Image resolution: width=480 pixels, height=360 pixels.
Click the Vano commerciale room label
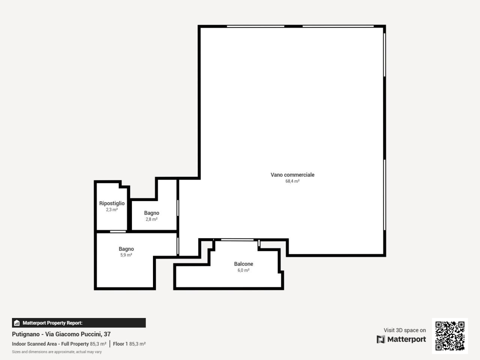tap(292, 175)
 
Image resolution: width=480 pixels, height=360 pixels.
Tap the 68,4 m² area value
tap(292, 181)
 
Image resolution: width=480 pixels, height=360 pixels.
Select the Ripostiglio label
tap(112, 204)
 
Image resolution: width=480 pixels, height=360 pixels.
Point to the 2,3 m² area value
tap(112, 210)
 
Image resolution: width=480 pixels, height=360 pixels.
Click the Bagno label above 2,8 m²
tap(151, 213)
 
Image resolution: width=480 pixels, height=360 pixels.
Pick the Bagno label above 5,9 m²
tap(126, 249)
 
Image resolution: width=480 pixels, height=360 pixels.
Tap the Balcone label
tap(244, 264)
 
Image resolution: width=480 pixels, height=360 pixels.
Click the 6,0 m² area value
tap(244, 270)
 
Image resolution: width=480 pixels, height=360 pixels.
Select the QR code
tap(450, 336)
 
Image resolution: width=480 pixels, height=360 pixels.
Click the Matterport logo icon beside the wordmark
tap(381, 339)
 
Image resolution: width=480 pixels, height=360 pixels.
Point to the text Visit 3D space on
tap(405, 330)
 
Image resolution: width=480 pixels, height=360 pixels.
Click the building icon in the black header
tap(17, 323)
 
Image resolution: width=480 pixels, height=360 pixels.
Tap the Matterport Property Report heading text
tap(52, 323)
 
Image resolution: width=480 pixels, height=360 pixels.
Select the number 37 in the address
tap(107, 334)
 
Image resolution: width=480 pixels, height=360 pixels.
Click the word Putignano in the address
tap(26, 334)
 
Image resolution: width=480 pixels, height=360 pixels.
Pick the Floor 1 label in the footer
tap(120, 344)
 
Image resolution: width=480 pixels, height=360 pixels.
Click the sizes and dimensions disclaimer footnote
tap(57, 352)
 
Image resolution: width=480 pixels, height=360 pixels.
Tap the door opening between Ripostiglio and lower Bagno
tap(118, 232)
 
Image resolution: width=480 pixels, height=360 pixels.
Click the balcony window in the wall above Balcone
tap(237, 240)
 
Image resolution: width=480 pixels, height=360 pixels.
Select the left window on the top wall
tap(256, 26)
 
